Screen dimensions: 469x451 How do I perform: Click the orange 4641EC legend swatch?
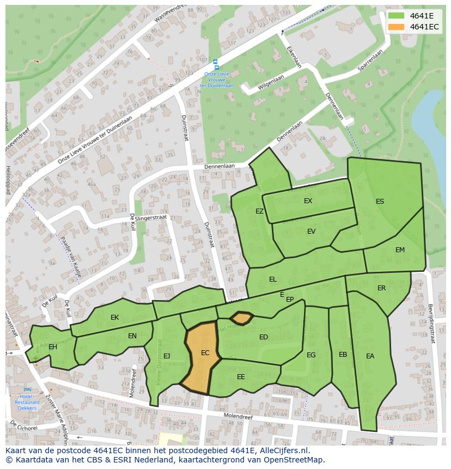[x=396, y=27]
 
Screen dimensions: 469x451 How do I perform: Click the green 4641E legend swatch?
[x=396, y=16]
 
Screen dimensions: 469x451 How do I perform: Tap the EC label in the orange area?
[x=205, y=353]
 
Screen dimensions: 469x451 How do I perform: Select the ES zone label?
[x=380, y=202]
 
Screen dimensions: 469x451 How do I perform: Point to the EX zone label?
[x=308, y=201]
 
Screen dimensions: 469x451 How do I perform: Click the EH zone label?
[x=53, y=347]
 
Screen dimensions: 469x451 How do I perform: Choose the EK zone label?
[x=114, y=318]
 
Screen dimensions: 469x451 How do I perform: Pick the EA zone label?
[x=370, y=356]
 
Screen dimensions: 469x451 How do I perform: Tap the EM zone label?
[x=400, y=250]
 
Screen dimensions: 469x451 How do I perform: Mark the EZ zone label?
[x=260, y=211]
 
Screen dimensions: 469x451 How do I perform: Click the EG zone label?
[x=311, y=355]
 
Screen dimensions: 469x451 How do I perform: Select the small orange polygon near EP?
[x=241, y=318]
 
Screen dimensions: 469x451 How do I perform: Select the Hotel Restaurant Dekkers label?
[x=27, y=402]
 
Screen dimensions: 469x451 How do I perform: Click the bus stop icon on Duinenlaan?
[x=216, y=63]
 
